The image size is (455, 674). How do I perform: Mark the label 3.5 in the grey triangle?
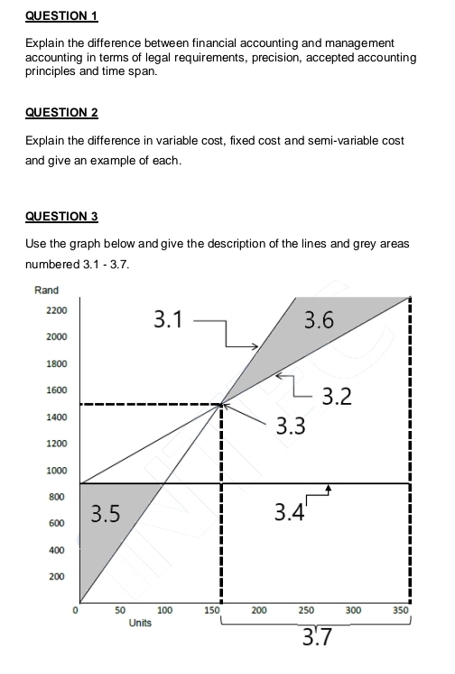pos(106,515)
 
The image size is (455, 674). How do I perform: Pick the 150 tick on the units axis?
pos(212,612)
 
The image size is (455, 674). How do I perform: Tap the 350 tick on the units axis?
pos(401,612)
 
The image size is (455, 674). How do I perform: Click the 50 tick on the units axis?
pos(119,612)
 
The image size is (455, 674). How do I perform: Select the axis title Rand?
pos(46,290)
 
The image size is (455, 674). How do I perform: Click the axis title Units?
pos(139,623)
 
